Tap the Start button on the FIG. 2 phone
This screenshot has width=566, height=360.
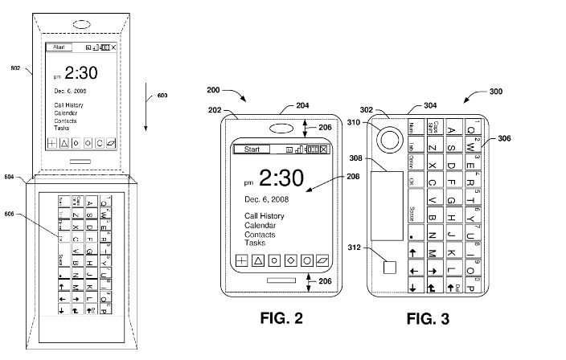click(x=252, y=149)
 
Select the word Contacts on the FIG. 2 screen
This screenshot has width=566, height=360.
click(x=260, y=235)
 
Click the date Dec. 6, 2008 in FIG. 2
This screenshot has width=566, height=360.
click(x=267, y=198)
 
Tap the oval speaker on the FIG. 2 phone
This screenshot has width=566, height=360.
click(x=281, y=128)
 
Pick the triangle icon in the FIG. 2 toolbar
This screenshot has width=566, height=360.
click(x=259, y=261)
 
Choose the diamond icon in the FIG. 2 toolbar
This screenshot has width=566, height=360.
click(x=290, y=261)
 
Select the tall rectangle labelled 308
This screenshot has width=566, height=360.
click(x=387, y=204)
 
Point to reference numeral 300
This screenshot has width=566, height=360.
click(x=495, y=92)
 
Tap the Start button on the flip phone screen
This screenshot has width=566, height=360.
click(x=59, y=47)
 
